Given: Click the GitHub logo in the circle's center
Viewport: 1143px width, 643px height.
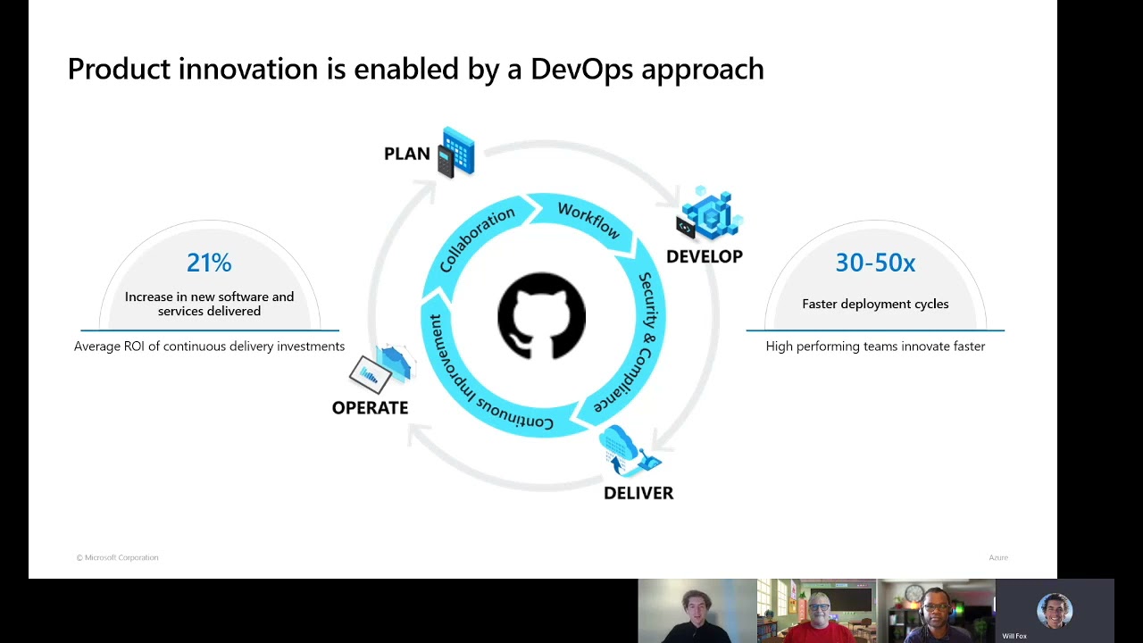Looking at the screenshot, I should click(541, 316).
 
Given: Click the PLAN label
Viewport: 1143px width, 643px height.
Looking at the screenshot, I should click(406, 154).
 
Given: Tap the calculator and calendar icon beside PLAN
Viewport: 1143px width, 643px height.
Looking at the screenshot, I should click(456, 152).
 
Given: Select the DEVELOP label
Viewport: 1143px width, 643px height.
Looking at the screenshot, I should click(704, 256).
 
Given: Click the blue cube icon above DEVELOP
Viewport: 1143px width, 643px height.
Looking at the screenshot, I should click(709, 215).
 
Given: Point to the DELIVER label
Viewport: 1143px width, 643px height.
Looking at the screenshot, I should click(638, 493).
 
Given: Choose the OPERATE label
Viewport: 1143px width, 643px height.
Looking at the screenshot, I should click(370, 407).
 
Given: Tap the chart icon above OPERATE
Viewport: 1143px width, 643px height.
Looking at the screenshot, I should click(381, 368).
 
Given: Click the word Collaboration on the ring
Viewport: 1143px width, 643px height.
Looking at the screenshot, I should click(477, 239).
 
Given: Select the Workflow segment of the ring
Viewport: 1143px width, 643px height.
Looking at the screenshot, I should click(588, 220).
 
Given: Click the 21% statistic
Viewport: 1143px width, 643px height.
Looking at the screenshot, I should click(209, 263).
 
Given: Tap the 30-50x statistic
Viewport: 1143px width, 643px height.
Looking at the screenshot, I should click(875, 263).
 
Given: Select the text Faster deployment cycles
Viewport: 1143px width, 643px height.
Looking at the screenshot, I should click(875, 304).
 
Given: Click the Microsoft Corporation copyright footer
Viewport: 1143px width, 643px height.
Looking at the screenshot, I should click(117, 557).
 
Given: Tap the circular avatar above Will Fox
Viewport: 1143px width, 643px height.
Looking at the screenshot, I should click(1055, 611).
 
